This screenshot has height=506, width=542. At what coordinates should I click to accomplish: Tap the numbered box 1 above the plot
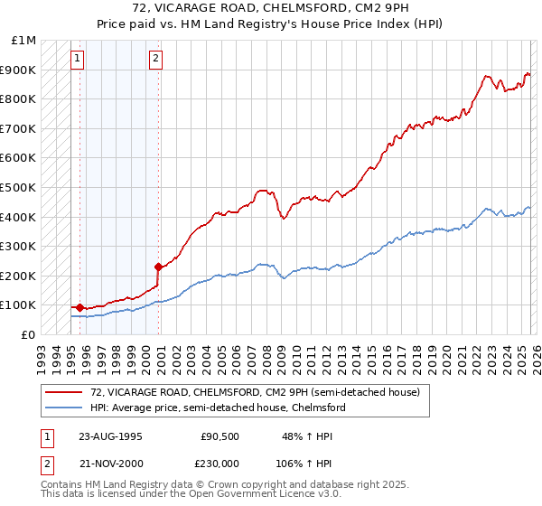click(78, 60)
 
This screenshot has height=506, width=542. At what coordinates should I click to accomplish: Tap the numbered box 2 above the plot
click(155, 60)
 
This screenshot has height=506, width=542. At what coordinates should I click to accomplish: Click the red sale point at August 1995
click(80, 308)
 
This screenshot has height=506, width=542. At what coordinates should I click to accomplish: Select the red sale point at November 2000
click(158, 267)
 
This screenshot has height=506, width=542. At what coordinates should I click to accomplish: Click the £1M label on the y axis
click(24, 41)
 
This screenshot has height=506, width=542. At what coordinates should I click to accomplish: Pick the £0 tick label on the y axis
click(29, 334)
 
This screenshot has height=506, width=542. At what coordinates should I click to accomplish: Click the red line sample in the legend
click(64, 393)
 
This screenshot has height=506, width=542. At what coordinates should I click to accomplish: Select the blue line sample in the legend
click(64, 408)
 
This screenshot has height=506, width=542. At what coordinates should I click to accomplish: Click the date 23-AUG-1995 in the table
click(111, 436)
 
